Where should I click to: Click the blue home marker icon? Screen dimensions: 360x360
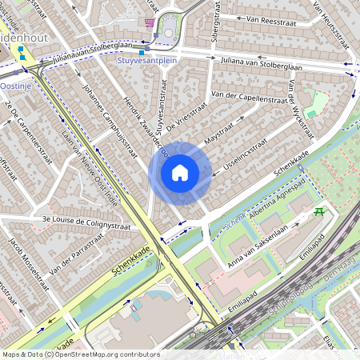tap(180, 172)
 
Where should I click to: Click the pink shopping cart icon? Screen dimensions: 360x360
tap(150, 22)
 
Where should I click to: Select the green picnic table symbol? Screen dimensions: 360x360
tap(320, 212)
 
